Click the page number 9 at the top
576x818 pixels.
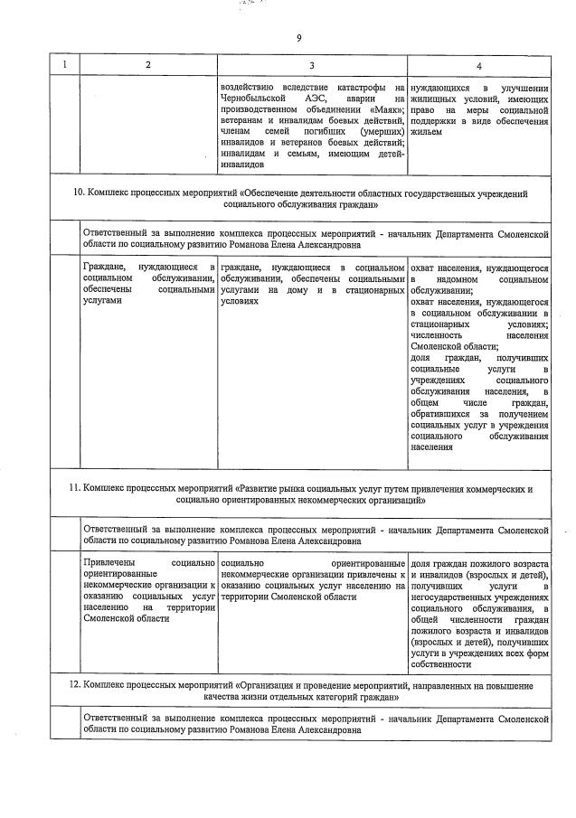pos(298,37)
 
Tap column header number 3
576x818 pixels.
pos(312,65)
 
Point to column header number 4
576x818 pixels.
pos(478,65)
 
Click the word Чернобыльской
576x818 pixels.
pos(251,99)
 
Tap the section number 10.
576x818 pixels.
pos(78,193)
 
